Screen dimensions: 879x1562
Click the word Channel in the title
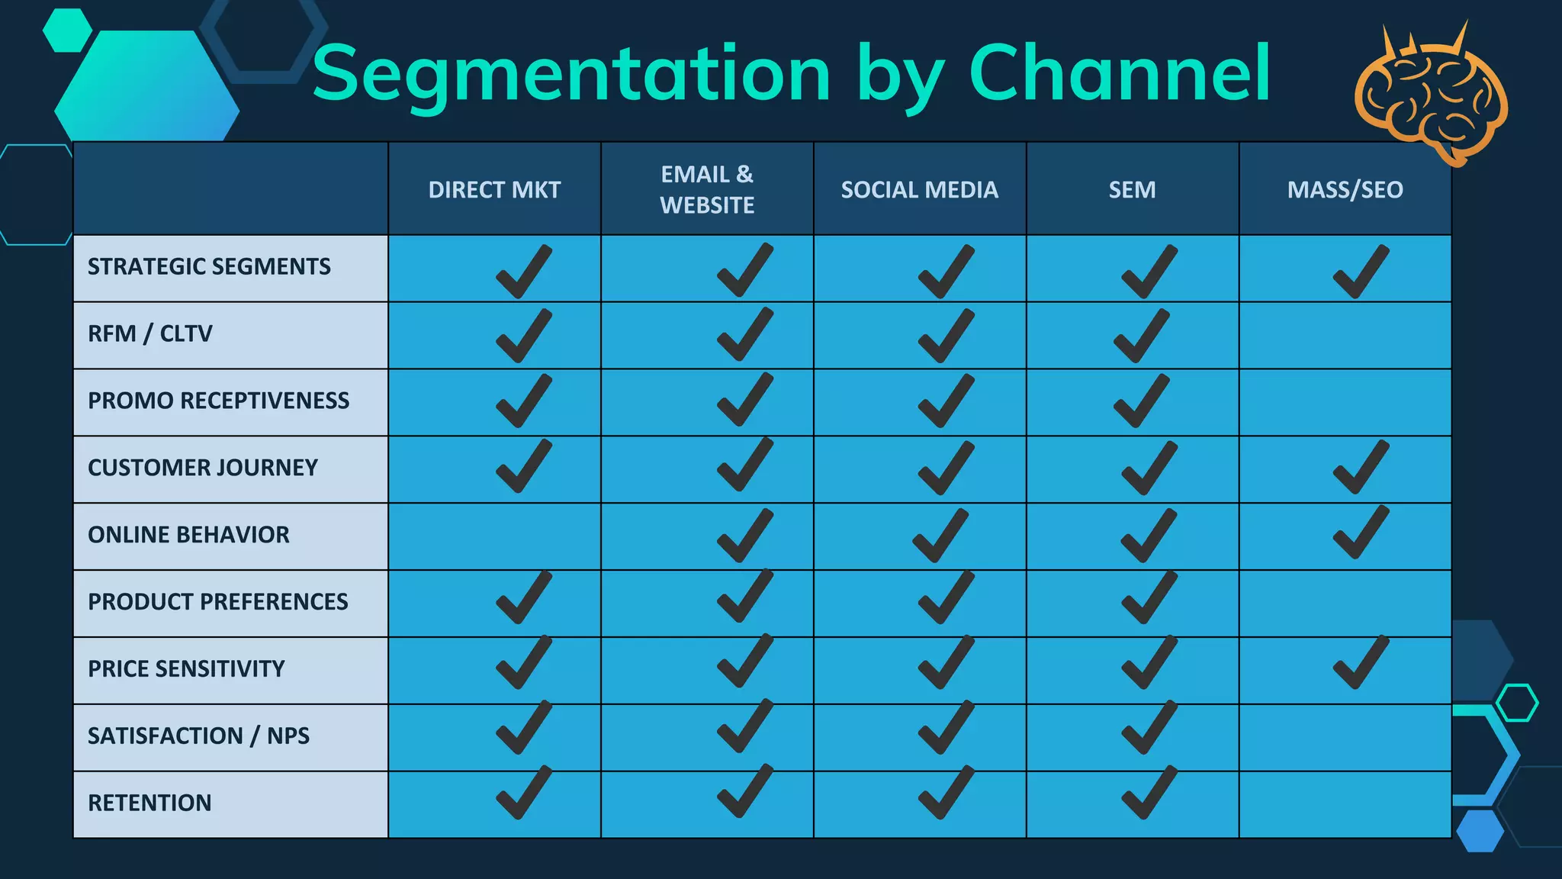pyautogui.click(x=1119, y=74)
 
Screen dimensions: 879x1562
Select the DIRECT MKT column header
pyautogui.click(x=494, y=189)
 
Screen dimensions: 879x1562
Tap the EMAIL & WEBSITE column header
pyautogui.click(x=707, y=189)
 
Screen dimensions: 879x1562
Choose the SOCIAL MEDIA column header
pyautogui.click(x=919, y=189)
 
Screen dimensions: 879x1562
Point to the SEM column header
pyautogui.click(x=1132, y=189)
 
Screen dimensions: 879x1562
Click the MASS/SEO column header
pyautogui.click(x=1345, y=189)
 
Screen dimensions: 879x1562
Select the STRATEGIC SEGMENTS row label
pyautogui.click(x=209, y=266)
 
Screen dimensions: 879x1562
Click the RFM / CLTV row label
pyautogui.click(x=150, y=333)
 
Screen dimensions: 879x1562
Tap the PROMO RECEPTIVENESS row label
pyautogui.click(x=219, y=401)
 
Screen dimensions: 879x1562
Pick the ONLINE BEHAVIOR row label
pyautogui.click(x=188, y=535)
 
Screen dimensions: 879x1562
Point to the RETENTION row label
pyautogui.click(x=149, y=803)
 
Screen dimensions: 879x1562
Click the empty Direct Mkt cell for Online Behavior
pyautogui.click(x=494, y=536)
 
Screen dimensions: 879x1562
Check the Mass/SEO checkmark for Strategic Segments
pyautogui.click(x=1361, y=272)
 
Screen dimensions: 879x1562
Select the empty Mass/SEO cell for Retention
pyautogui.click(x=1345, y=804)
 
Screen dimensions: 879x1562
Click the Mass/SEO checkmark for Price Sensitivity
pyautogui.click(x=1361, y=663)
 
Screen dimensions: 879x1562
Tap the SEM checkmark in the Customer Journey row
pyautogui.click(x=1149, y=468)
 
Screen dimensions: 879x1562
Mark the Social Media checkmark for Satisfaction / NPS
pyautogui.click(x=946, y=728)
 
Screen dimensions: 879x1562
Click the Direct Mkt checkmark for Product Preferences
pyautogui.click(x=523, y=597)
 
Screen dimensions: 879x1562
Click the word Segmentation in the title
pyautogui.click(x=571, y=74)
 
